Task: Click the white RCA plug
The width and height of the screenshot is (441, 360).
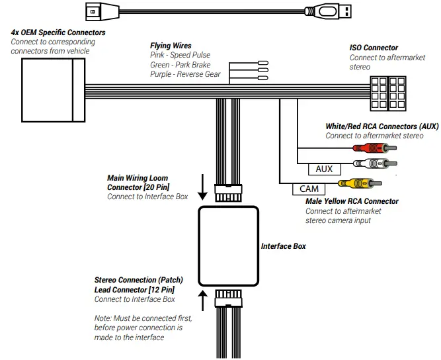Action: [x=374, y=163]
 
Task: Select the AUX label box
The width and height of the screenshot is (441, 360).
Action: [x=324, y=169]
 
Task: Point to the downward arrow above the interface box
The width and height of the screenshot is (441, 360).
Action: [x=203, y=188]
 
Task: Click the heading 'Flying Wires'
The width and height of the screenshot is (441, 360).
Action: [x=171, y=46]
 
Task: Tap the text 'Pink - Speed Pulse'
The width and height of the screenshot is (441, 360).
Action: [x=180, y=56]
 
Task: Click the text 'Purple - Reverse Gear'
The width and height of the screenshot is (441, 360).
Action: [x=186, y=74]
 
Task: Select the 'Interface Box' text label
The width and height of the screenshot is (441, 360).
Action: [x=283, y=246]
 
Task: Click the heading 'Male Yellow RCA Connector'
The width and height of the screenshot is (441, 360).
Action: [x=352, y=201]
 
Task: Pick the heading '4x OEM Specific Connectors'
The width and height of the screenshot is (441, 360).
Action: [x=58, y=32]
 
